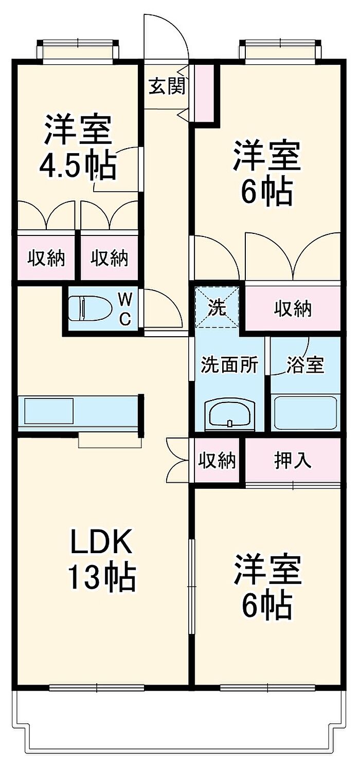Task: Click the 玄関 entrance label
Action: [x=166, y=86]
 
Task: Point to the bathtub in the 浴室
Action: [x=304, y=412]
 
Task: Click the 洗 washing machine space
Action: [x=217, y=307]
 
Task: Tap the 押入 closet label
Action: [x=292, y=460]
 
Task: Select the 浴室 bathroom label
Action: [x=304, y=365]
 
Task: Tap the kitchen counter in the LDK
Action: [x=77, y=412]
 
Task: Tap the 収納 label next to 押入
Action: [x=217, y=460]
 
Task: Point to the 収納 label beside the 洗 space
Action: [x=292, y=308]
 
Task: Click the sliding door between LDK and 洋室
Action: [x=191, y=586]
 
